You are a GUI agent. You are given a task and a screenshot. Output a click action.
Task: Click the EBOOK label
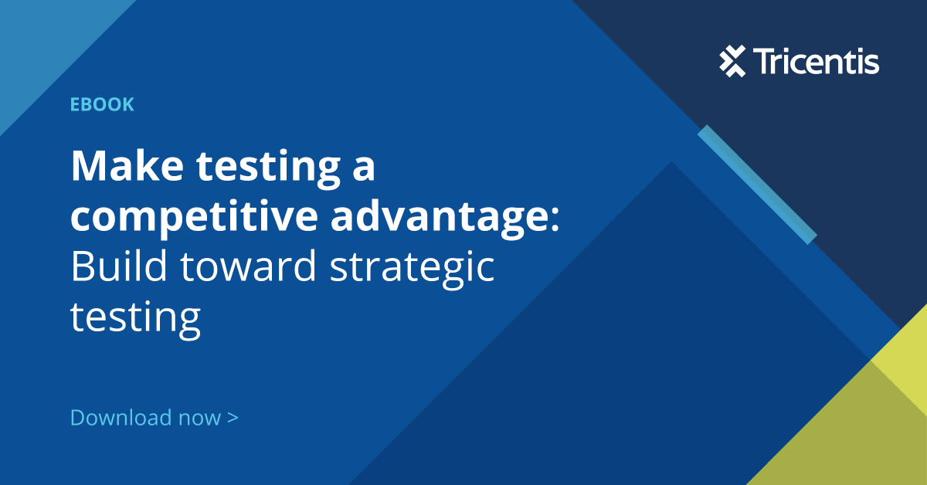coord(102,105)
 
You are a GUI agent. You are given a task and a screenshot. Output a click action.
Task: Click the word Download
coord(121,418)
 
